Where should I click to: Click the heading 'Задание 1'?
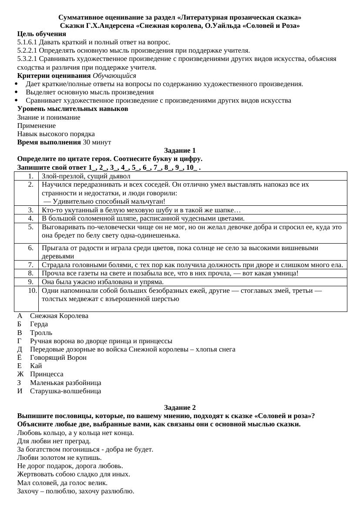[x=180, y=151]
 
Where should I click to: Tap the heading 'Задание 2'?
[x=180, y=408]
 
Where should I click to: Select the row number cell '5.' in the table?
[x=30, y=227]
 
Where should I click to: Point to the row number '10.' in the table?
[x=30, y=291]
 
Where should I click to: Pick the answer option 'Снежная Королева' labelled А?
[x=59, y=316]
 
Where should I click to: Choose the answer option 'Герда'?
[x=39, y=324]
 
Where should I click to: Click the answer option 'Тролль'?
[x=41, y=333]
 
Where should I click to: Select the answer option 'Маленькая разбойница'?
[x=65, y=383]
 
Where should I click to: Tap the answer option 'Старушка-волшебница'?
[x=65, y=391]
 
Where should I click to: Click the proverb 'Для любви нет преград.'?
[x=54, y=441]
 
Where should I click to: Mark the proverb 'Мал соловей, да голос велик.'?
[x=62, y=483]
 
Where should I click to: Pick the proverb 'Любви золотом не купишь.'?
[x=59, y=458]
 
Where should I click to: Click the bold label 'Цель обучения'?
[x=42, y=34]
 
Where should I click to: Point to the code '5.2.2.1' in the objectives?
[x=27, y=50]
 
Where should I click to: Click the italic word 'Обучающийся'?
[x=114, y=76]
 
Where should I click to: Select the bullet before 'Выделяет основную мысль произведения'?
[x=16, y=92]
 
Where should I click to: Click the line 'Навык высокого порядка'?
[x=56, y=134]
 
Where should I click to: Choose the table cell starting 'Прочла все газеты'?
[x=170, y=273]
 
